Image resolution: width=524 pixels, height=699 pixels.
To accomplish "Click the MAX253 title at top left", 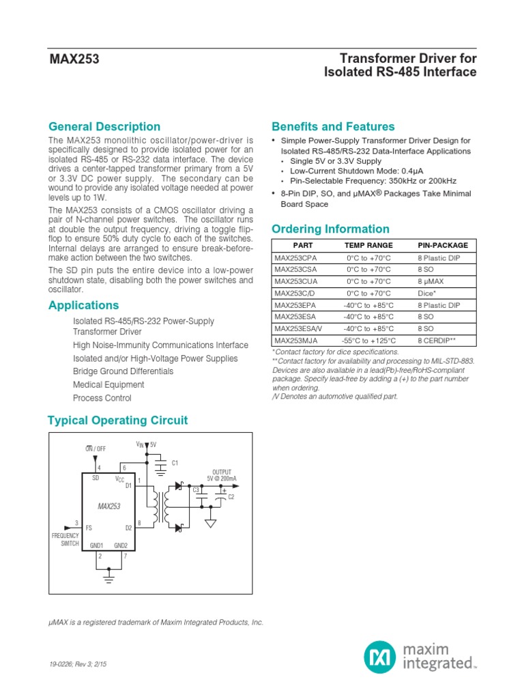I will [74, 59].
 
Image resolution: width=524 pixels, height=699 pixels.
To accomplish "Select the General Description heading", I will [104, 126].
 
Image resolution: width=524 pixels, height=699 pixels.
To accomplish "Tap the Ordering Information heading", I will [330, 229].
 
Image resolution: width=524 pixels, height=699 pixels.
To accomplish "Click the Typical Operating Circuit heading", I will [118, 420].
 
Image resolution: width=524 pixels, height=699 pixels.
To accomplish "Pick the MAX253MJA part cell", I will [296, 341].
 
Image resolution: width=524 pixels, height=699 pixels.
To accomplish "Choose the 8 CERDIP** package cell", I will [442, 341].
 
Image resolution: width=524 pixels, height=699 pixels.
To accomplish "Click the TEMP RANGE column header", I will [368, 244].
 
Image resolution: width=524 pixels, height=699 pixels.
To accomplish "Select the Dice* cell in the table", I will [427, 293].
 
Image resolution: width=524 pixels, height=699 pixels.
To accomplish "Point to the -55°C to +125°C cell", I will [368, 341].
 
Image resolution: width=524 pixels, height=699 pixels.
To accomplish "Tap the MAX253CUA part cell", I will [296, 281].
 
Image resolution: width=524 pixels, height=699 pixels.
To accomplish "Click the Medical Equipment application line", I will [108, 384].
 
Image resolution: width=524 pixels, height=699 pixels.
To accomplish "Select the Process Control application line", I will [102, 398].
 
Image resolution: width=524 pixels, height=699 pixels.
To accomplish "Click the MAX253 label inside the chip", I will [108, 507].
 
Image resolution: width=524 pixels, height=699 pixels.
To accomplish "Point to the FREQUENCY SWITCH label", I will [65, 540].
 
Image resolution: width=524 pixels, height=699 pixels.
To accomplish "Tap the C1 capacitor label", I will [175, 463].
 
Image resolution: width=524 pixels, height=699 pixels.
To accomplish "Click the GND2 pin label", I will [121, 545].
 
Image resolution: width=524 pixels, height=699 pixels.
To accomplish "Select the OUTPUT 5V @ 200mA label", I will [221, 475].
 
